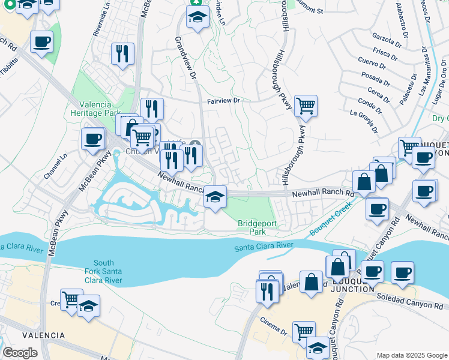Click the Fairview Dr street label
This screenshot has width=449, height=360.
pos(223,101)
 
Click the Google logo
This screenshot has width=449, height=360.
pos(20,352)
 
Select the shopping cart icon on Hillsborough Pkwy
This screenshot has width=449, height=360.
pos(306,106)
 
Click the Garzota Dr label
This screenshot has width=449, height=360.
pos(387,39)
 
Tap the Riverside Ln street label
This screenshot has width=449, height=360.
pos(100,22)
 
